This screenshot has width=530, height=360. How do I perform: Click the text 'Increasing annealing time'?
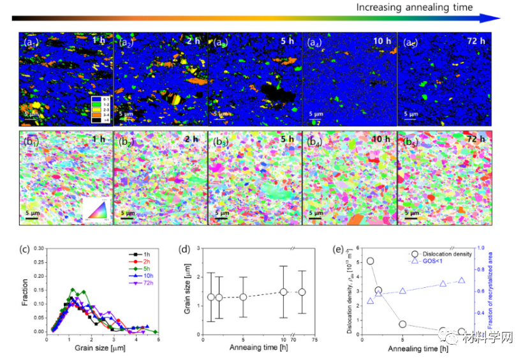(x=415, y=8)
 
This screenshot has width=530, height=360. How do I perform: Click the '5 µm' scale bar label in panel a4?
(x=319, y=114)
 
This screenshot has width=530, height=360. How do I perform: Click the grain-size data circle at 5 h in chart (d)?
(x=242, y=297)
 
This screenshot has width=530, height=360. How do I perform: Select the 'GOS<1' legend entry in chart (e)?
(x=428, y=262)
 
